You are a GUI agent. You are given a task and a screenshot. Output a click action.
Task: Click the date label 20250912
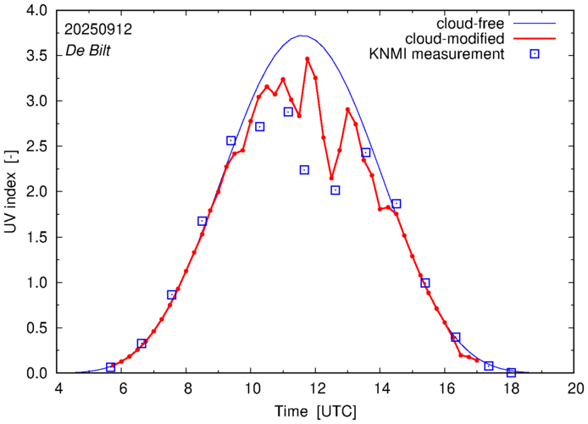[x=97, y=28]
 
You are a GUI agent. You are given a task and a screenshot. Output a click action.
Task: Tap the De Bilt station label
[x=87, y=51]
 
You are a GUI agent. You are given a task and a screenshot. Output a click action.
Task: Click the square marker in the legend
[x=535, y=55]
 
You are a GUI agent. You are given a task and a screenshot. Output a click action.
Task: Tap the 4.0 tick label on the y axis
[x=36, y=10]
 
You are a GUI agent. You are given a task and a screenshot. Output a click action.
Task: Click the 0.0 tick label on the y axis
[x=36, y=373]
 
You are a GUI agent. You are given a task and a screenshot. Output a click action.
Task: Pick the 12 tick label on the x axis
[x=317, y=390]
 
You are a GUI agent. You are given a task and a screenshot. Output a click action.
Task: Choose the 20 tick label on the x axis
[x=575, y=390]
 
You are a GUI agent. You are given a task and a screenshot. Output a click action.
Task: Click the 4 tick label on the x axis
[x=58, y=390]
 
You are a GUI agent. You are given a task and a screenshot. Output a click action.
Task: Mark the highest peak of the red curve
[x=308, y=58]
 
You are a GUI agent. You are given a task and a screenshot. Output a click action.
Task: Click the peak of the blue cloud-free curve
[x=302, y=36]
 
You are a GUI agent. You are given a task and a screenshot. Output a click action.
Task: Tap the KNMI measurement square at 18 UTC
[x=511, y=372]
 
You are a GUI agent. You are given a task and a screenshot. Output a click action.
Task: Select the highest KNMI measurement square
[x=288, y=112]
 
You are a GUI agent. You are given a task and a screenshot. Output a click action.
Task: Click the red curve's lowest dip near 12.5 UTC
[x=331, y=178]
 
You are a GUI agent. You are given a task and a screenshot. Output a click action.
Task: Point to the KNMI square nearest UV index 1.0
[x=425, y=283]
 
